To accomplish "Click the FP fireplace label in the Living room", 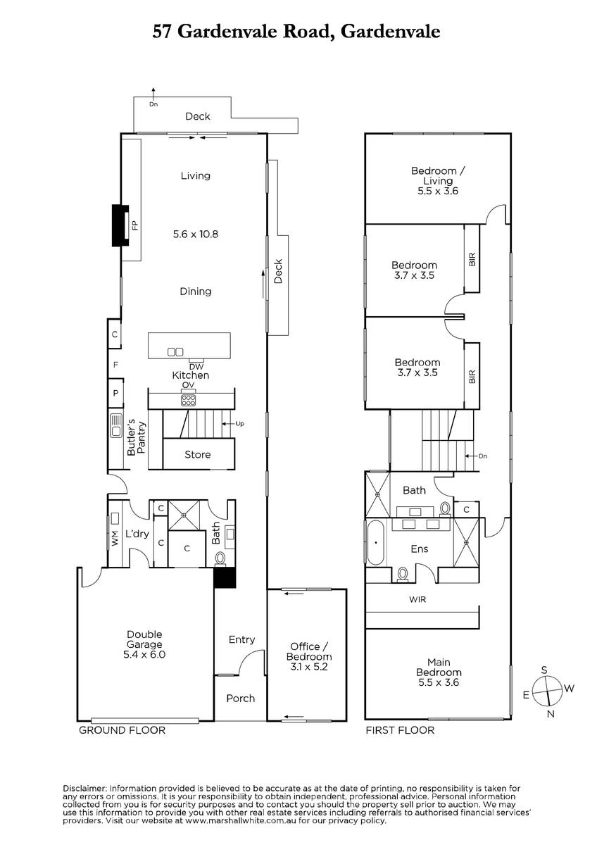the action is click(x=135, y=225).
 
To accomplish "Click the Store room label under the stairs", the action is click(x=198, y=455).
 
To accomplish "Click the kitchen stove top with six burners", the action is click(x=188, y=400).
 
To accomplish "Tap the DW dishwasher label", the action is click(x=196, y=367).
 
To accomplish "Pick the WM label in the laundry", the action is click(x=115, y=538).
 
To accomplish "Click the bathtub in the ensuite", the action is click(x=375, y=542).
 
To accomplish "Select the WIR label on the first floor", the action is click(x=417, y=599).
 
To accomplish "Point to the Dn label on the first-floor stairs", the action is click(x=483, y=456).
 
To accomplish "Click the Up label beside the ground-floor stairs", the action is click(x=240, y=424).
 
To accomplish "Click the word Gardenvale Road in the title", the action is click(x=256, y=32).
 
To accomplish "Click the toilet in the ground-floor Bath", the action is click(x=220, y=558).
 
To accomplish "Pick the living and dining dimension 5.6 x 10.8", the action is click(x=195, y=234).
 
